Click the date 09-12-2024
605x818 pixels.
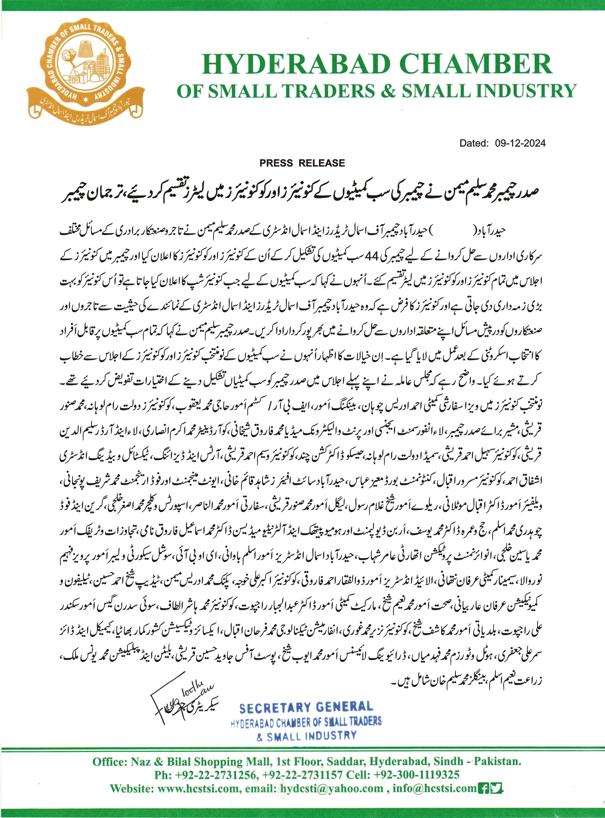(520, 143)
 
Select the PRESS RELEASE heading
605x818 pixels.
(302, 163)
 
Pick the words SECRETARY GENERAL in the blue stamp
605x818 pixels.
(306, 708)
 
